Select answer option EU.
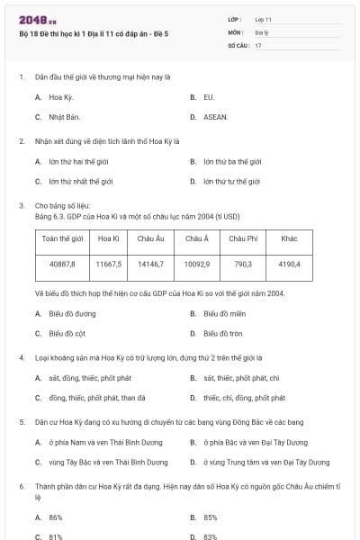209,96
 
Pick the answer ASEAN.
215,117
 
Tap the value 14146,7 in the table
151,264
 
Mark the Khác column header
289,238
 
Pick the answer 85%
211,517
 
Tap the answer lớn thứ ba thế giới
231,162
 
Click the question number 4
21,357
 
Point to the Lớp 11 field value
264,18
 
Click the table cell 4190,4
289,264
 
